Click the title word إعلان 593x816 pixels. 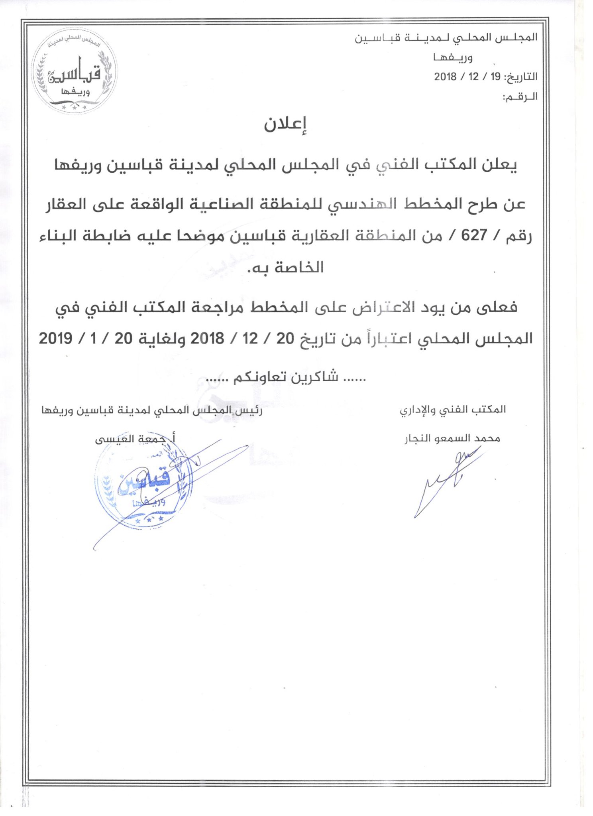pos(285,125)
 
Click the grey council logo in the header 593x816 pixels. pos(74,71)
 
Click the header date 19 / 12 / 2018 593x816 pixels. pos(467,77)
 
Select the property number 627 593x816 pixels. pos(474,236)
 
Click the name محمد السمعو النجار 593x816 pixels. pos(452,439)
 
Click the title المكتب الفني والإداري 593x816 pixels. pos(453,410)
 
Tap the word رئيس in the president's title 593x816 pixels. pos(248,410)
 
